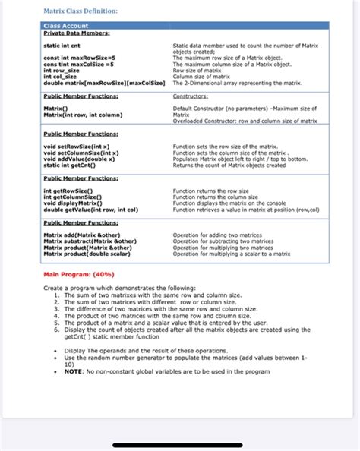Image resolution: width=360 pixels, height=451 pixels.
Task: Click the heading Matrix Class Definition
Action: point(81,11)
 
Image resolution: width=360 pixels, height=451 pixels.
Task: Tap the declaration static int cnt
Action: point(62,46)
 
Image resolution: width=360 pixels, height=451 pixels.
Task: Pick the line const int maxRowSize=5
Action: point(79,58)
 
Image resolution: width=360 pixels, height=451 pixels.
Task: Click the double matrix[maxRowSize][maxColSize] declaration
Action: point(105,83)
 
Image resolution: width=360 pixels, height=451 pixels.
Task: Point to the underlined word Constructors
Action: point(196,96)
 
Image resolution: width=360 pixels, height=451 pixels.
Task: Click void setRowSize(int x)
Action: point(77,146)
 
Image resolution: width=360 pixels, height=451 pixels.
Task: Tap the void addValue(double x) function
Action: point(80,159)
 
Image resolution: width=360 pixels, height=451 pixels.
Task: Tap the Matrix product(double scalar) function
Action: point(86,254)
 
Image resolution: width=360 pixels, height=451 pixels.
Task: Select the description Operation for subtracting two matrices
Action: point(223,241)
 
